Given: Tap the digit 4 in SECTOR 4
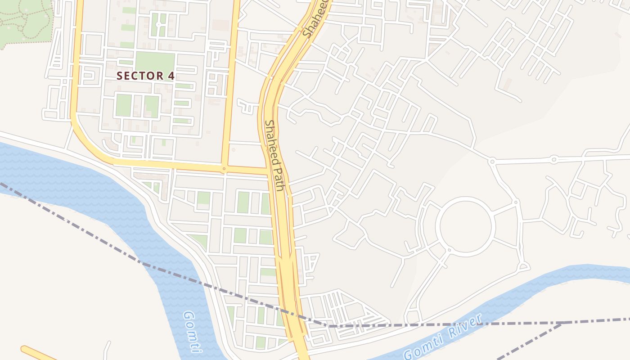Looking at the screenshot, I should coord(171,76).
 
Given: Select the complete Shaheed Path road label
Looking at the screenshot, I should coord(274,155).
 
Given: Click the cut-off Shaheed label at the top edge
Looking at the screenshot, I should coord(315,18).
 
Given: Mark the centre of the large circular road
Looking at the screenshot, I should coord(467,227).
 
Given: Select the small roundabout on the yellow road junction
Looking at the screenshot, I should coord(224,169).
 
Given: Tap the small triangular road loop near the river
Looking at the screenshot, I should coord(522,267).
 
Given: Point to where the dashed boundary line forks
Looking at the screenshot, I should coord(562,323).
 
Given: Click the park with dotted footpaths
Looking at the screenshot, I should coord(25,20).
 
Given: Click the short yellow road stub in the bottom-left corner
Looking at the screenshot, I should coord(38,353).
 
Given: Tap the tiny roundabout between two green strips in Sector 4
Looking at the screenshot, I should coord(158,23).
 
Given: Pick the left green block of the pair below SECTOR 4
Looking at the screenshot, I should coord(123,105).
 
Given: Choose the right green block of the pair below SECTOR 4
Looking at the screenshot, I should coord(152,106).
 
